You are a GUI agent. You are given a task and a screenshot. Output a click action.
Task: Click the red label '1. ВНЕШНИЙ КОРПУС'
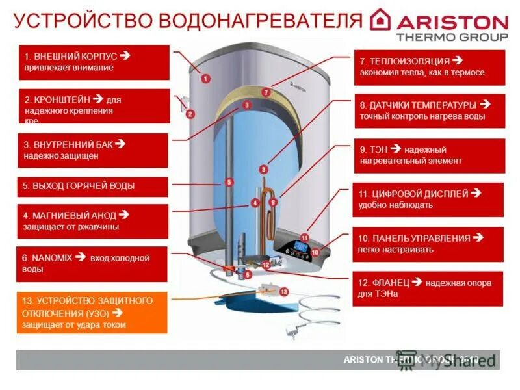pyautogui.click(x=94, y=62)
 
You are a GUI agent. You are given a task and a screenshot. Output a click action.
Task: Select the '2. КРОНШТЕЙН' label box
pyautogui.click(x=94, y=106)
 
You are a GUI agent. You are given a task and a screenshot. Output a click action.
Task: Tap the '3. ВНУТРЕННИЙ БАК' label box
pyautogui.click(x=94, y=150)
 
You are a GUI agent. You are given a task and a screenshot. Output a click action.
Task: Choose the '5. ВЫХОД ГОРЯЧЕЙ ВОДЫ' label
pyautogui.click(x=94, y=187)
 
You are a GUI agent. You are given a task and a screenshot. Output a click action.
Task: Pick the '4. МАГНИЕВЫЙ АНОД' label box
pyautogui.click(x=94, y=221)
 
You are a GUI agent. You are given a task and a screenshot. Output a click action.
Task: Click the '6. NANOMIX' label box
pyautogui.click(x=94, y=263)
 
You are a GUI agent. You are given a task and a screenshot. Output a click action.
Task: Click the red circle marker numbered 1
pyautogui.click(x=205, y=78)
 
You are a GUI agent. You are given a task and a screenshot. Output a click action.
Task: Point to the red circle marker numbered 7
pyautogui.click(x=266, y=92)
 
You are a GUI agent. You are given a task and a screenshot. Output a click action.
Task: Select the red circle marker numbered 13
pyautogui.click(x=283, y=292)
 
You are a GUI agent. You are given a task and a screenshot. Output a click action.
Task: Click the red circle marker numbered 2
pyautogui.click(x=190, y=114)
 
